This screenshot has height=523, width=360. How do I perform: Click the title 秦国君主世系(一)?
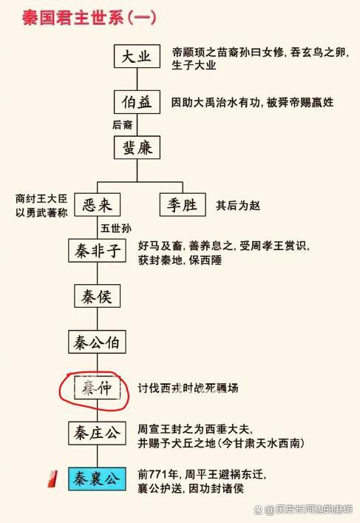89,17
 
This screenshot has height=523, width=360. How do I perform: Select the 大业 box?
137,56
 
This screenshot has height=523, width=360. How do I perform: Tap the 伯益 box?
137,102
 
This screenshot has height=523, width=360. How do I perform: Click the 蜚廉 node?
137,147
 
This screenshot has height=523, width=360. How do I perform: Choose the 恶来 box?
98,204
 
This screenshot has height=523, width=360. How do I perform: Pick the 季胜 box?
183,204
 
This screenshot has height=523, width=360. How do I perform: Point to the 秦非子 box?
98,250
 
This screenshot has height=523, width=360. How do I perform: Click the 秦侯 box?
98,296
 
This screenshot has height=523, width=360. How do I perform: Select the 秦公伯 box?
98,342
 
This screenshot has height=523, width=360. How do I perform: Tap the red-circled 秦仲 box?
98,388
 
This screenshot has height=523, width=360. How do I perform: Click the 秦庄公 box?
98,433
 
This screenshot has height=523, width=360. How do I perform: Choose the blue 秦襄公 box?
98,479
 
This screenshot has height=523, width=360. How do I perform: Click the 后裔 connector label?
122,125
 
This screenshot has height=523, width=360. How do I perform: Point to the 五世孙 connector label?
116,228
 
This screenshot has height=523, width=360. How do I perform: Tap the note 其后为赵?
238,205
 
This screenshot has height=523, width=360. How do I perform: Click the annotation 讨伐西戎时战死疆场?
188,388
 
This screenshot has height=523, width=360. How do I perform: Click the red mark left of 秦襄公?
52,479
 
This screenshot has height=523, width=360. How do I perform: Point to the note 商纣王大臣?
41,198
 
